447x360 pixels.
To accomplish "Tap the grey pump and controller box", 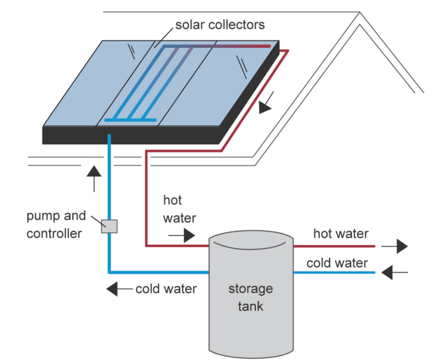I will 109,225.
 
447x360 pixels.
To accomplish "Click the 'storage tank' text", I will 250,297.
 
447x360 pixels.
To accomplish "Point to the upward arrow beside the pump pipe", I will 94,178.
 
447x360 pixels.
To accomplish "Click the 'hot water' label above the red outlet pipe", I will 340,234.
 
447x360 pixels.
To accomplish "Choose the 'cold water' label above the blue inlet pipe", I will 337,263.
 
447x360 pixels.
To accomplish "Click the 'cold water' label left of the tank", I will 165,289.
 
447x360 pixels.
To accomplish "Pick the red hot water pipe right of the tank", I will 332,245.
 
